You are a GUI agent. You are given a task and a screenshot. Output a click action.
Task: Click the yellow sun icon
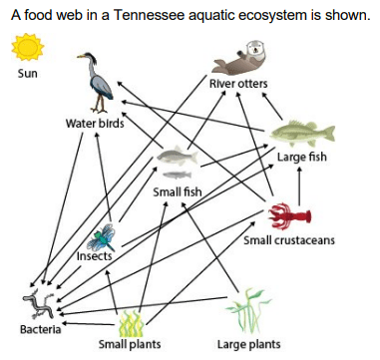tap(28, 47)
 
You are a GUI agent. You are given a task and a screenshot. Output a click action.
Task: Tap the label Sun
tap(28, 73)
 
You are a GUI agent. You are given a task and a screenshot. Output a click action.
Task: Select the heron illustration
tap(96, 83)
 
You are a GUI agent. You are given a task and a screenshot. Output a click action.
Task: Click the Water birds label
tap(95, 124)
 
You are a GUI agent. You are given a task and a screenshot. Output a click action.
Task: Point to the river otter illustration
tap(239, 58)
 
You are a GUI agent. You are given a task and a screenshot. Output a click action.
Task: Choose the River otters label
tap(238, 84)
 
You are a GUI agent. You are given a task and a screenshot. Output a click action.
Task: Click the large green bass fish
tap(302, 134)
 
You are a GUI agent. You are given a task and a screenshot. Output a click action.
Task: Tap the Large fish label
tap(302, 157)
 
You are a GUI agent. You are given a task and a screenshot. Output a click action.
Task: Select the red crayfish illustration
tap(289, 216)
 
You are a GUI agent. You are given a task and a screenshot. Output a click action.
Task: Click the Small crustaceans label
tap(289, 240)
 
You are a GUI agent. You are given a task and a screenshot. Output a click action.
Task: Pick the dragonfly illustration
tap(101, 237)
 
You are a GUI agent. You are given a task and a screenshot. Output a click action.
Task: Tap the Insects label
tap(95, 256)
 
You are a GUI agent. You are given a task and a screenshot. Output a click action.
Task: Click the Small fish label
tap(178, 191)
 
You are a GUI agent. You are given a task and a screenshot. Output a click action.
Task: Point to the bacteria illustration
tap(40, 303)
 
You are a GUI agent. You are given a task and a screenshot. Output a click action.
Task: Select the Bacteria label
tap(41, 329)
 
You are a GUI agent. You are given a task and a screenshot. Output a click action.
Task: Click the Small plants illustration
tap(132, 323)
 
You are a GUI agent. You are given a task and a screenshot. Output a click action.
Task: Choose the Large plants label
tap(248, 344)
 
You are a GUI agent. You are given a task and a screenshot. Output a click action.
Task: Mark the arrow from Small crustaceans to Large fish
tap(299, 186)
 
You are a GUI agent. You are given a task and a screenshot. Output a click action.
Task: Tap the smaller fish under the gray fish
tap(178, 175)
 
